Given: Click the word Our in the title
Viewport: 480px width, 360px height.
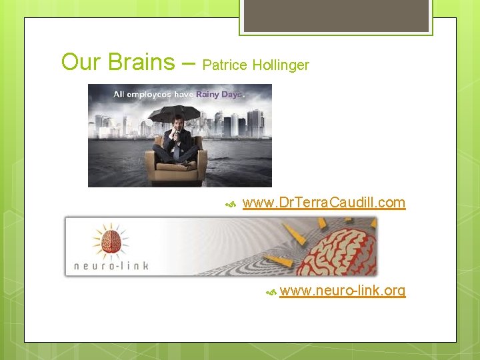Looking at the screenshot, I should [79, 62].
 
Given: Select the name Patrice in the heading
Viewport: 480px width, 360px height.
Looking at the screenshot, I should [225, 65].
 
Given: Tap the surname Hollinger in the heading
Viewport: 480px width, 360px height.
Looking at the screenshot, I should [281, 65].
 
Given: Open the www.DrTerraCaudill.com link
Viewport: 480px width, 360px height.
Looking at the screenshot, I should [324, 202].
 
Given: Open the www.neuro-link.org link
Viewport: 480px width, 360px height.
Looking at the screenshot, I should [343, 291].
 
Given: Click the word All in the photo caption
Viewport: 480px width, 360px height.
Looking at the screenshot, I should [119, 95].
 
